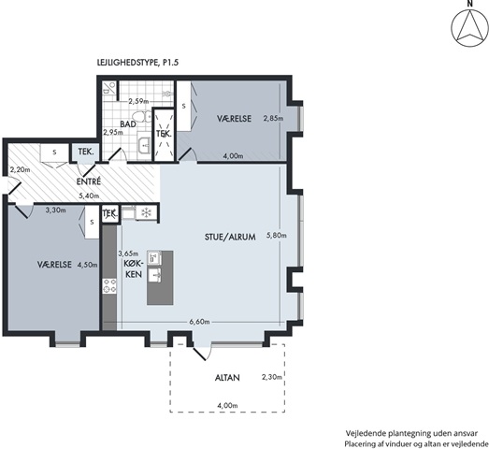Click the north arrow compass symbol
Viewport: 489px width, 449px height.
[469, 29]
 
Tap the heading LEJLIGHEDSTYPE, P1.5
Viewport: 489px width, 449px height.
[137, 63]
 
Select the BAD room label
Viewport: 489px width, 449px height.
[128, 123]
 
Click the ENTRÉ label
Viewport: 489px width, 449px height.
[89, 181]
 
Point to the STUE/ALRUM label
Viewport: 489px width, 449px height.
[230, 237]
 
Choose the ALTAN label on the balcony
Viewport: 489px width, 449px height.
[227, 378]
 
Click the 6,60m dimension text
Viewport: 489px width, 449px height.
[199, 322]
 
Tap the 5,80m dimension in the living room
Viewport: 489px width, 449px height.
[277, 236]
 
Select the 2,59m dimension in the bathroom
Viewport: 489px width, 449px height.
[138, 101]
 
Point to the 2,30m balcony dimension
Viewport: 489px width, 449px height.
[272, 377]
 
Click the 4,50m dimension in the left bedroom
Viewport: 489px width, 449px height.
[87, 265]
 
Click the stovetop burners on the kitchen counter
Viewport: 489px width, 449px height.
[109, 286]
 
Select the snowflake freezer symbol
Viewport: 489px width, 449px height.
[145, 213]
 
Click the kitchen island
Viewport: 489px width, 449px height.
[160, 278]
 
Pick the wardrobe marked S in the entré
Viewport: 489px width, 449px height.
[54, 152]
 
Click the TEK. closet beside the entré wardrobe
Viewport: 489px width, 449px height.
[86, 152]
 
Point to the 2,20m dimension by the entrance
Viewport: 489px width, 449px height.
[20, 170]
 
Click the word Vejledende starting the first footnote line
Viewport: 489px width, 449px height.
[367, 434]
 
